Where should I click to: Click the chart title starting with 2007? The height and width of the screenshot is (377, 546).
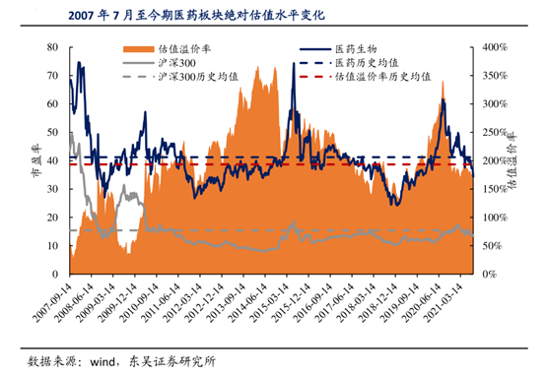click(x=197, y=16)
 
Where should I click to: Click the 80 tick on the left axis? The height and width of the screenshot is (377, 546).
click(x=52, y=47)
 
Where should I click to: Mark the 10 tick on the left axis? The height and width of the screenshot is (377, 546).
click(x=52, y=246)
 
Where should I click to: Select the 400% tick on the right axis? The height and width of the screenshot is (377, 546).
click(x=495, y=47)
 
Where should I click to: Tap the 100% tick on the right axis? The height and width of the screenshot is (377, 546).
click(x=495, y=218)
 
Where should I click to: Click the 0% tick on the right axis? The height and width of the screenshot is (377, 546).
click(x=489, y=275)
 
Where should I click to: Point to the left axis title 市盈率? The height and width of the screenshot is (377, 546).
click(x=36, y=160)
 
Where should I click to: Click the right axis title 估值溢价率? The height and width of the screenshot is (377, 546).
click(x=512, y=160)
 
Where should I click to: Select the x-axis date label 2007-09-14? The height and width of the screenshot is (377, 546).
click(x=52, y=302)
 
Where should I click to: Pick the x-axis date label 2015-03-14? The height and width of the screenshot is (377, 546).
click(x=270, y=302)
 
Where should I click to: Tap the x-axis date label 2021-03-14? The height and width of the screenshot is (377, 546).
click(x=444, y=302)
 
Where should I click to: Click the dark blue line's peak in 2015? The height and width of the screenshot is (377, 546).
click(x=294, y=63)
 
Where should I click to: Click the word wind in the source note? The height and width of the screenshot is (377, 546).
click(x=102, y=362)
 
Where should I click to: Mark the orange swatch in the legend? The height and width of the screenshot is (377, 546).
click(x=138, y=49)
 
